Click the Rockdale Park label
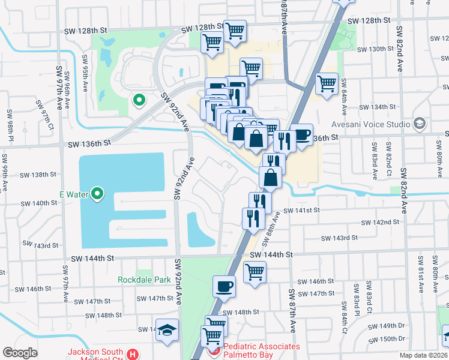(144, 280)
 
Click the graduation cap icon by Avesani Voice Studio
(419, 124)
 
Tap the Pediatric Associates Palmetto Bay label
(261, 351)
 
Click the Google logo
(20, 353)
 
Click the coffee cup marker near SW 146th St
(224, 286)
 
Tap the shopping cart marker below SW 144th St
(255, 271)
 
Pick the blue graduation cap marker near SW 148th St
(167, 329)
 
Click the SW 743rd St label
(40, 245)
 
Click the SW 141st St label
(303, 211)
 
